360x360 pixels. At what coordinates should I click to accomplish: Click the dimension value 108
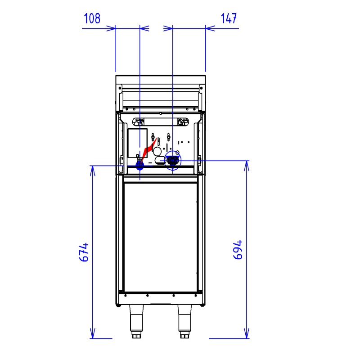tap(92, 18)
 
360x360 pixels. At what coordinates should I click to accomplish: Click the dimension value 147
tap(229, 18)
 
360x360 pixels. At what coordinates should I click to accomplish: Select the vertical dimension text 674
tap(84, 252)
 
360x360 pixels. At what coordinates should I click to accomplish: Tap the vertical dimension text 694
tap(238, 250)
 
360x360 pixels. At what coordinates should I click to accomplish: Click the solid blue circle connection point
tap(140, 165)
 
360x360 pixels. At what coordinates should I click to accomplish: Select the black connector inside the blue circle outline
tap(172, 160)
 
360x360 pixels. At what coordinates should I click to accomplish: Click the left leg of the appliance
tap(136, 321)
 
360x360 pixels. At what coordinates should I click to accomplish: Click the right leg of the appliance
tap(184, 321)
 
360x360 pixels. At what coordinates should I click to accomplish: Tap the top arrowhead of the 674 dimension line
tap(93, 171)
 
